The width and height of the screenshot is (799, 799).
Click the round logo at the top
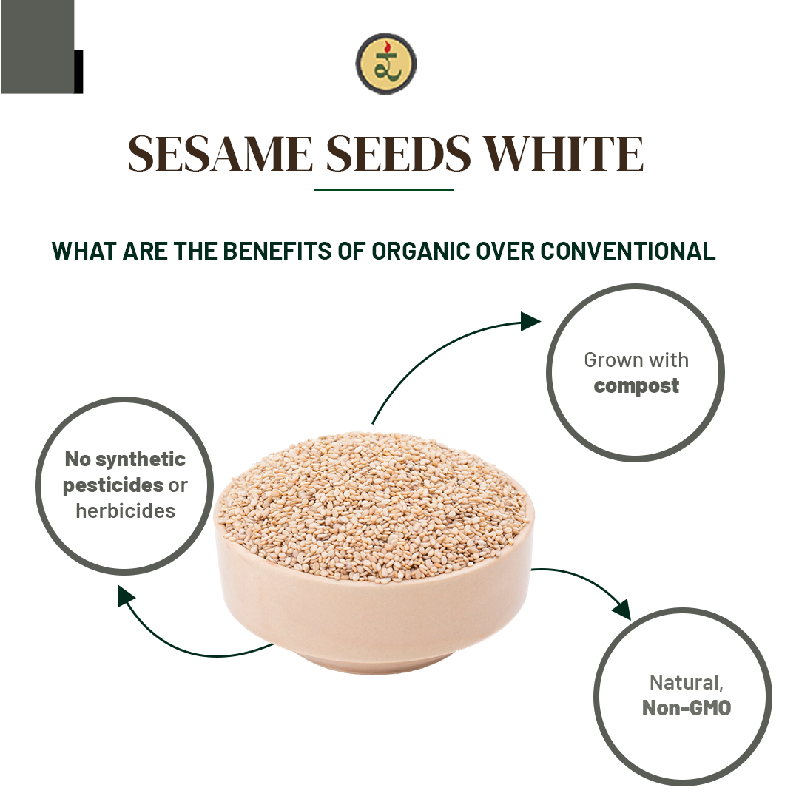385,64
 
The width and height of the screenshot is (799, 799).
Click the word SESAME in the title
220,154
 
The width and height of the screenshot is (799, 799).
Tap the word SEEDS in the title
399,154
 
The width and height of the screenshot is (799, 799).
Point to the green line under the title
383,190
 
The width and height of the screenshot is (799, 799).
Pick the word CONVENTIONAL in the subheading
627,252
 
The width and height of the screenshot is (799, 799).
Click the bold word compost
636,386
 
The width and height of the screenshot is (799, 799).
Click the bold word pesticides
113,485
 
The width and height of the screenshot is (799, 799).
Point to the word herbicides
125,510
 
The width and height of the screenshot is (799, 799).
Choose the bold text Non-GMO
687,708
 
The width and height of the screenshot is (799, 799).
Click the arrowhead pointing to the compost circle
530,321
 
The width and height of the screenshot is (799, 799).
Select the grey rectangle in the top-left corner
37,46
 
